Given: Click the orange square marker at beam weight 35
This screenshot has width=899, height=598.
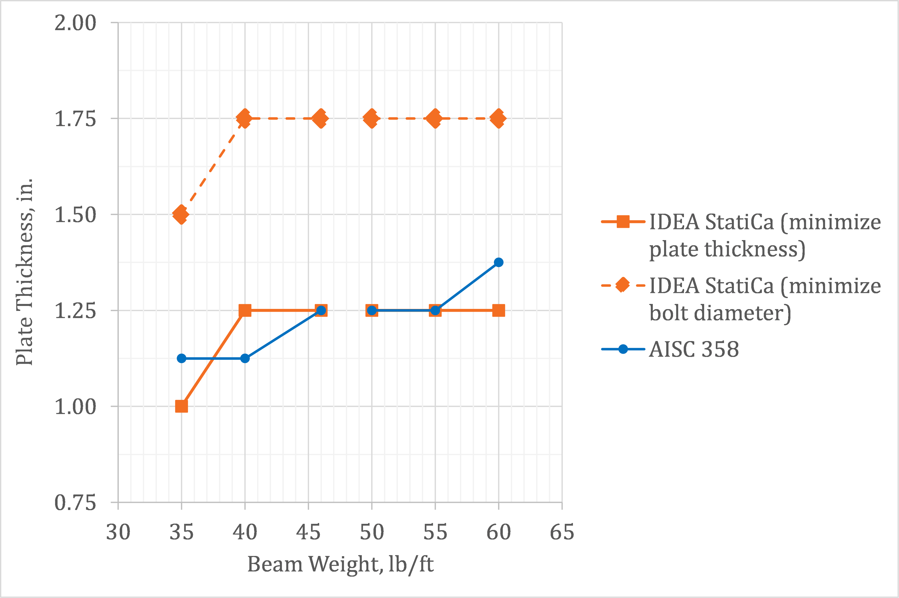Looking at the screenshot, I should (x=181, y=406).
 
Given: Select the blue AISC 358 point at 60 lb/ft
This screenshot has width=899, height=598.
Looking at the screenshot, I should (x=498, y=262).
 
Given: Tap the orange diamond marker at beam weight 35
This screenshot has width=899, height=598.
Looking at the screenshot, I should (x=181, y=214).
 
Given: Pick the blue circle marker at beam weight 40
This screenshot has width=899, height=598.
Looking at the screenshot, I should (x=245, y=359).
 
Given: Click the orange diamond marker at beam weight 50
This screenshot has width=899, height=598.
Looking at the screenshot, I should (x=371, y=118).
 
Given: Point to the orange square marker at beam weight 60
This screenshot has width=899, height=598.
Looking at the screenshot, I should (x=498, y=310).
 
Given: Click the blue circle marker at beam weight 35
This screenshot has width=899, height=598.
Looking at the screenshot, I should (x=181, y=359).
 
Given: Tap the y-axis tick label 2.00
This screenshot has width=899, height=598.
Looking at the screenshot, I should (x=75, y=23).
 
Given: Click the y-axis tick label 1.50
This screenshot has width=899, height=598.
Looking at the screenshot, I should (x=75, y=215).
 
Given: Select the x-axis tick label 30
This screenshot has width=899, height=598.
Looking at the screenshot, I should (x=118, y=532).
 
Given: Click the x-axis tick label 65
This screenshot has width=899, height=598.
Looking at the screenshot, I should (x=562, y=532).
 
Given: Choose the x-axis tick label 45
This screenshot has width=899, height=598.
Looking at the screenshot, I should (x=308, y=532).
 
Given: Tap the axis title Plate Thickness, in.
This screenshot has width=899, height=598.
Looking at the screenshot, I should (x=24, y=272).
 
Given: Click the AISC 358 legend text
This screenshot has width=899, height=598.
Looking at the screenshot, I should (x=694, y=349).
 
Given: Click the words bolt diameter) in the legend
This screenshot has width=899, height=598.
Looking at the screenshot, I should (x=720, y=313).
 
